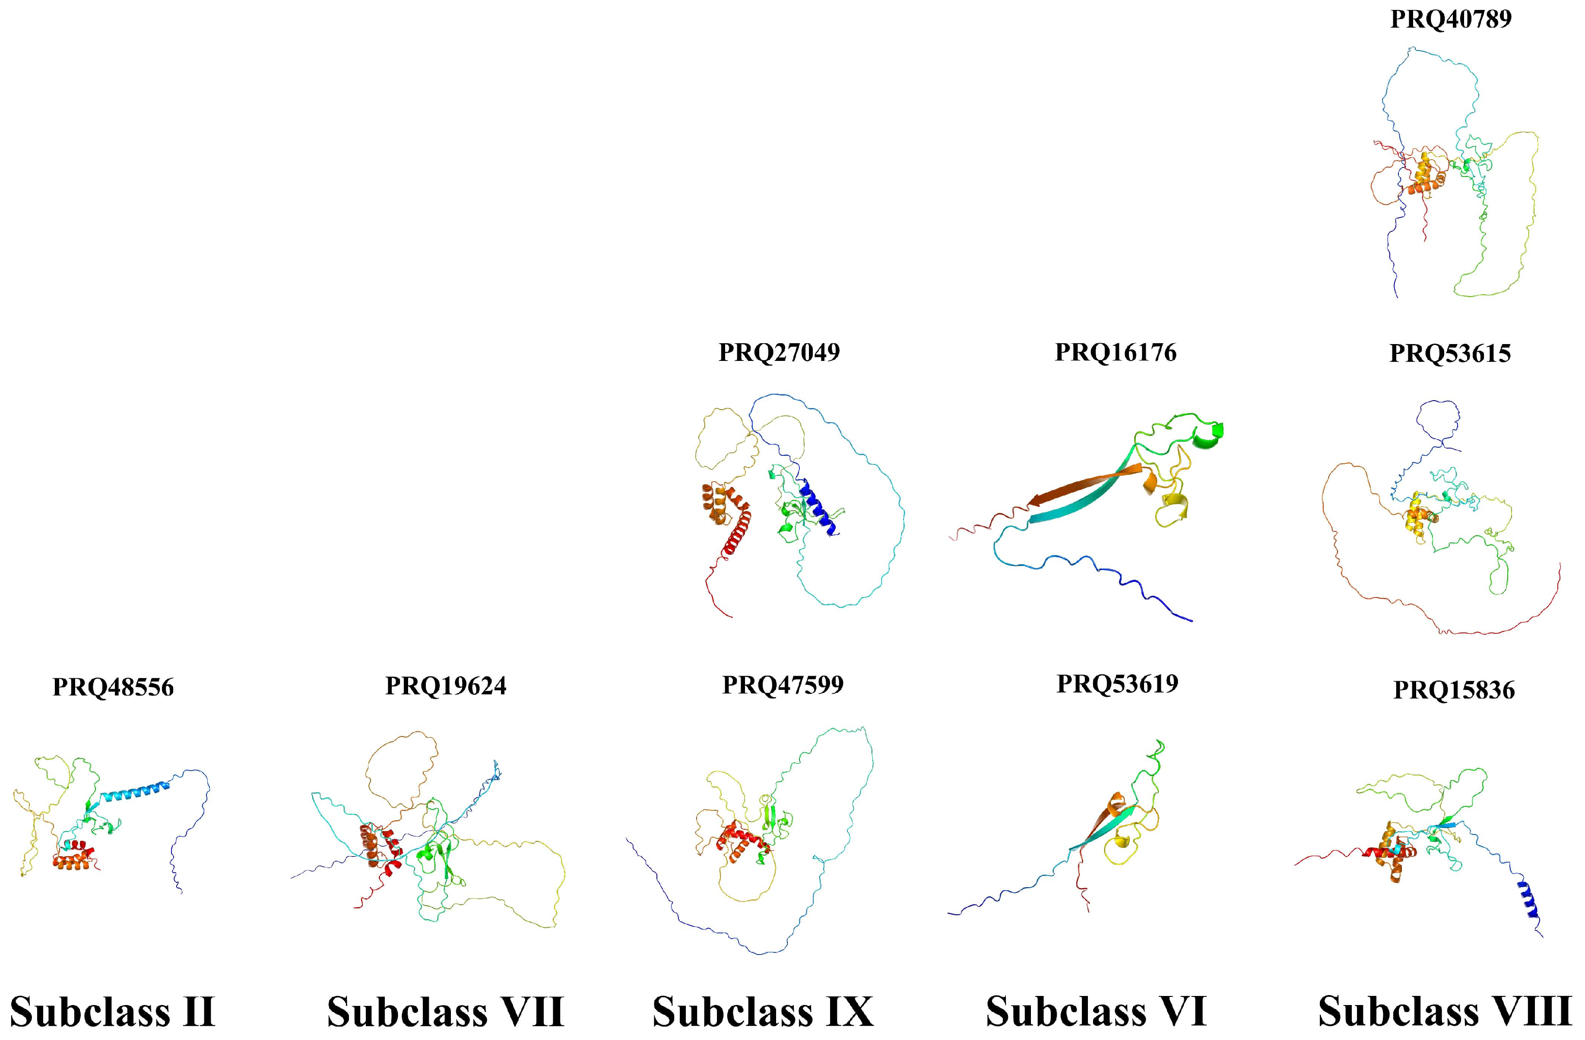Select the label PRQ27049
point(779,352)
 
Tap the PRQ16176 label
point(1116,352)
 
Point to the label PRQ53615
point(1450,354)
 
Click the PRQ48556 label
point(113,687)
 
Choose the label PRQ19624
point(446,686)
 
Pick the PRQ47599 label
point(783,684)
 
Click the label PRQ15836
point(1454,690)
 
